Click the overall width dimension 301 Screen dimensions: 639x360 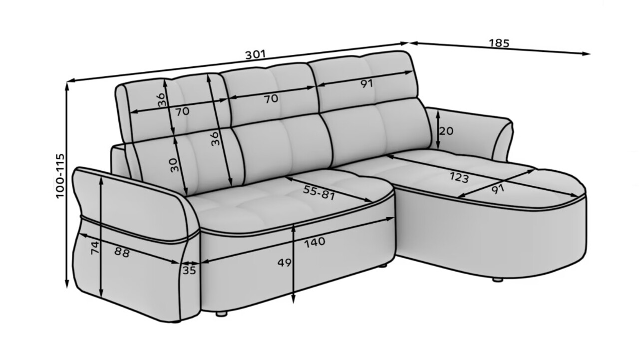click(x=256, y=54)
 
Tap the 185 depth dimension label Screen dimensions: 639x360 click(x=499, y=43)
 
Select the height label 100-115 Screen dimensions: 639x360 click(x=60, y=176)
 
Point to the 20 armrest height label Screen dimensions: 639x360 click(x=446, y=131)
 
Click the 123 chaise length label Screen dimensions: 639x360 click(x=459, y=178)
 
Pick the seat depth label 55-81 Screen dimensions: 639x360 click(x=319, y=193)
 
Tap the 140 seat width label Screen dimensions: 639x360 click(x=315, y=242)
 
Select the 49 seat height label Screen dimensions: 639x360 click(x=285, y=263)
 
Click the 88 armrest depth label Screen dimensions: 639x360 click(x=122, y=252)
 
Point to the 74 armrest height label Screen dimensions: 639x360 click(x=95, y=248)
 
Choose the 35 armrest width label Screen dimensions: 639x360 click(x=189, y=270)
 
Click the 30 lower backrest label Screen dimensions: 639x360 click(x=174, y=165)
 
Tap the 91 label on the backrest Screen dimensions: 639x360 click(x=366, y=83)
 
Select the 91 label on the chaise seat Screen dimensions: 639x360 click(x=498, y=189)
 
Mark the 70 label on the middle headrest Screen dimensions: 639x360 click(x=271, y=99)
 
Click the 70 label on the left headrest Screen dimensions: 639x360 click(x=182, y=111)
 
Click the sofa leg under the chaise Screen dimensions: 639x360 click(x=498, y=280)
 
